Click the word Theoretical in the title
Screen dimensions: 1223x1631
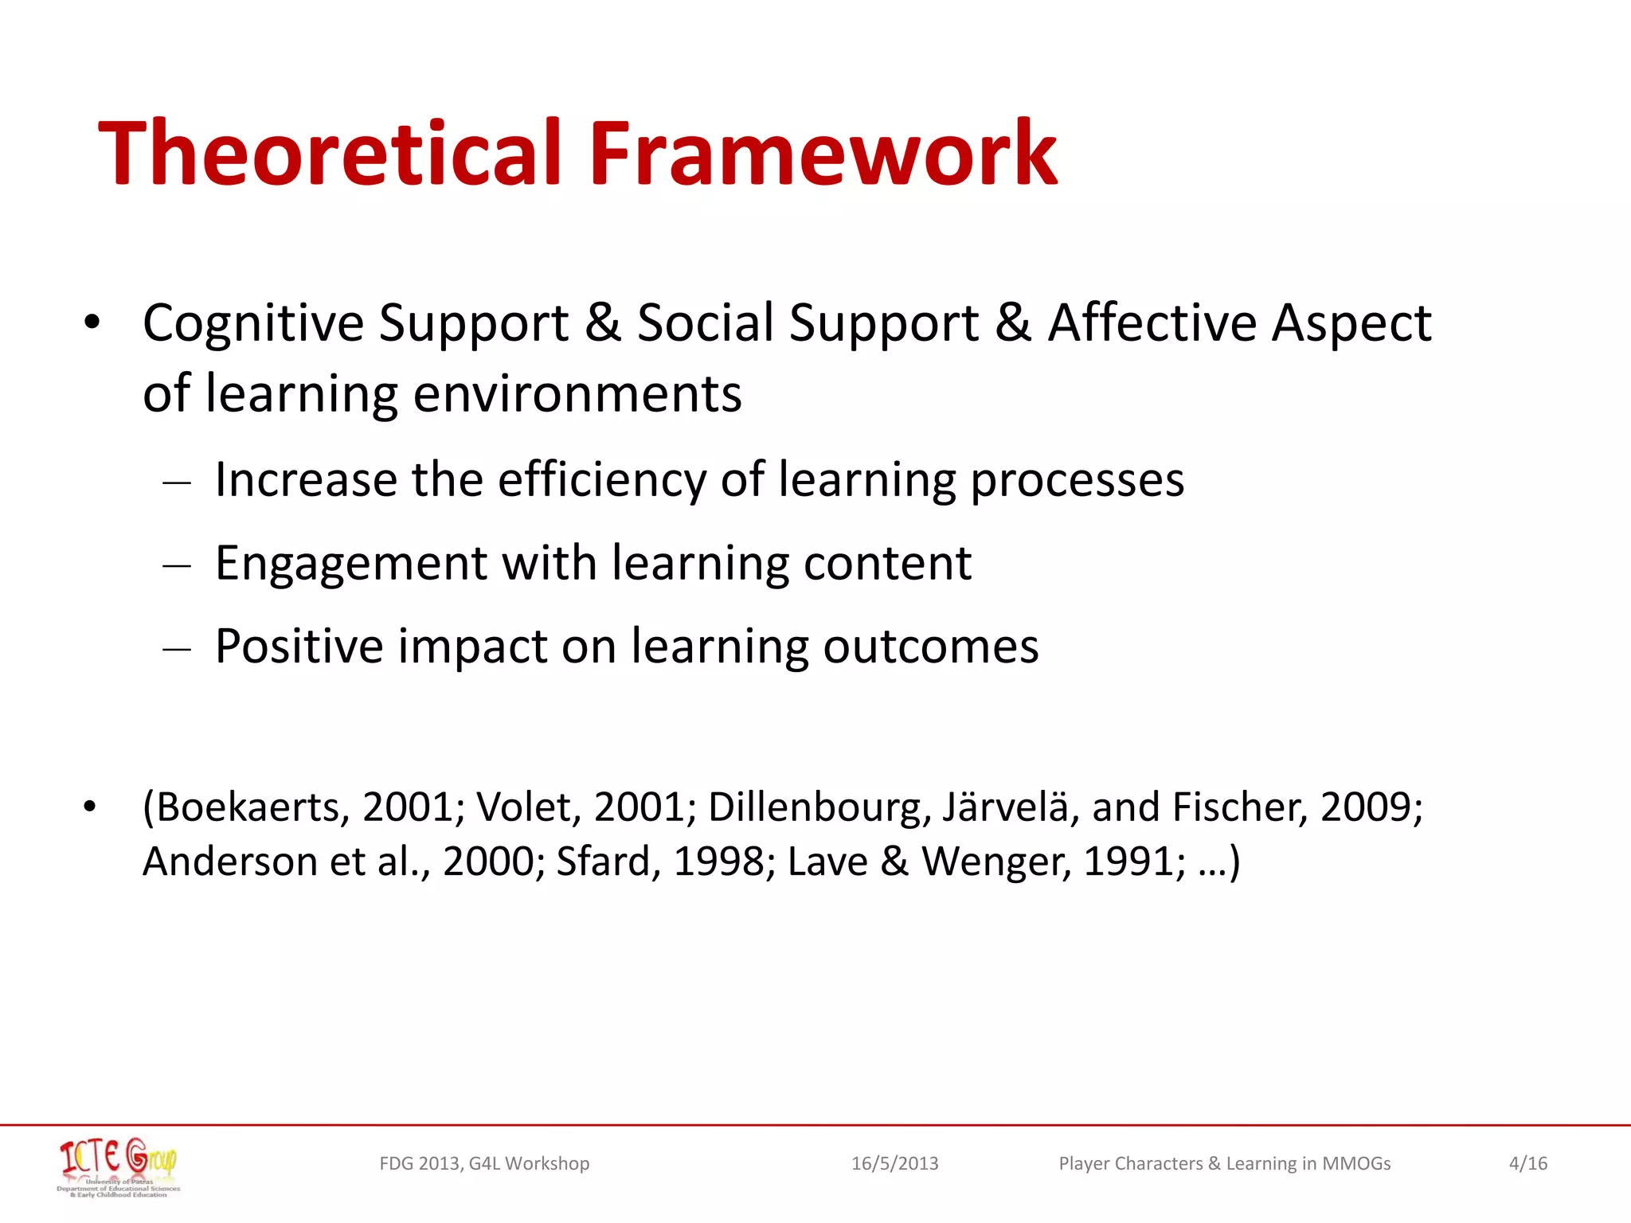pyautogui.click(x=334, y=153)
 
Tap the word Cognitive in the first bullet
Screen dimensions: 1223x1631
pyautogui.click(x=253, y=323)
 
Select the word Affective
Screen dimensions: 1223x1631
pyautogui.click(x=1152, y=323)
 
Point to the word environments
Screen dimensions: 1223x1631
pyautogui.click(x=577, y=394)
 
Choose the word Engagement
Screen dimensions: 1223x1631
pyautogui.click(x=350, y=564)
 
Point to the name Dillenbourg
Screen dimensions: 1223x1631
pyautogui.click(x=819, y=807)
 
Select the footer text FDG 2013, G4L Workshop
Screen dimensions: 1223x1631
pyautogui.click(x=484, y=1163)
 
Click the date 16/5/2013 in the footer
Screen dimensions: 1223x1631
pyautogui.click(x=894, y=1163)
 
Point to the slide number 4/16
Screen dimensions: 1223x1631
pyautogui.click(x=1527, y=1163)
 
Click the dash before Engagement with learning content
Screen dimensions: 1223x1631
pyautogui.click(x=176, y=566)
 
